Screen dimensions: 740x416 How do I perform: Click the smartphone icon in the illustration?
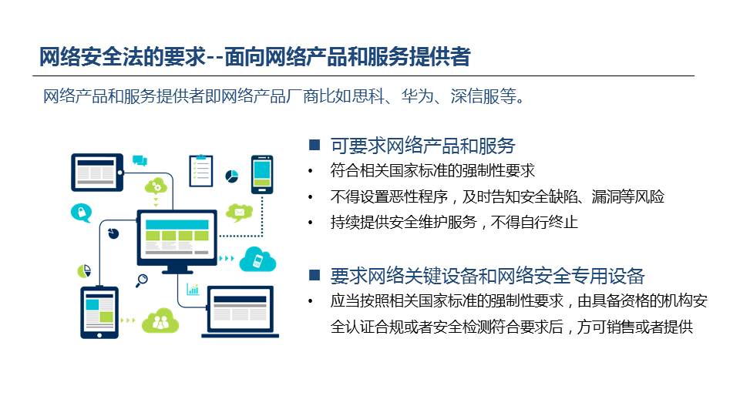pyautogui.click(x=262, y=175)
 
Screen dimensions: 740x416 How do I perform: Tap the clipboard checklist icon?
pyautogui.click(x=201, y=170)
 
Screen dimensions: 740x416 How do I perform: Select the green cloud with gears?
pyautogui.click(x=156, y=186)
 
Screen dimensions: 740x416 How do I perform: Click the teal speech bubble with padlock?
pyautogui.click(x=81, y=213)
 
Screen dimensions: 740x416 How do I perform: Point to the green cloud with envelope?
pyautogui.click(x=239, y=213)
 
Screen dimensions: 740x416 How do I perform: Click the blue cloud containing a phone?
pyautogui.click(x=257, y=260)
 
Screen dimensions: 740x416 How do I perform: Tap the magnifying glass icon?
pyautogui.click(x=142, y=280)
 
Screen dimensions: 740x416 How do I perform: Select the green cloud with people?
pyautogui.click(x=160, y=321)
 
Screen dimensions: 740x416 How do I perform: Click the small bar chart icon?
pyautogui.click(x=193, y=289)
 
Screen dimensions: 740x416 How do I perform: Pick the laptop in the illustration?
pyautogui.click(x=240, y=312)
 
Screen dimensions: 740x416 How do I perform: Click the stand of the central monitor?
pyautogui.click(x=177, y=270)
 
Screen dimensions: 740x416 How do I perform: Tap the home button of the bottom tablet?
pyautogui.click(x=99, y=335)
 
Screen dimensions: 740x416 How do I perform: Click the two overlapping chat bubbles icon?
pyautogui.click(x=140, y=160)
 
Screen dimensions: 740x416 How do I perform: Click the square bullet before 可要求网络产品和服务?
pyautogui.click(x=314, y=144)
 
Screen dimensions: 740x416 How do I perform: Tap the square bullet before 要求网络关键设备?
pyautogui.click(x=314, y=275)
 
